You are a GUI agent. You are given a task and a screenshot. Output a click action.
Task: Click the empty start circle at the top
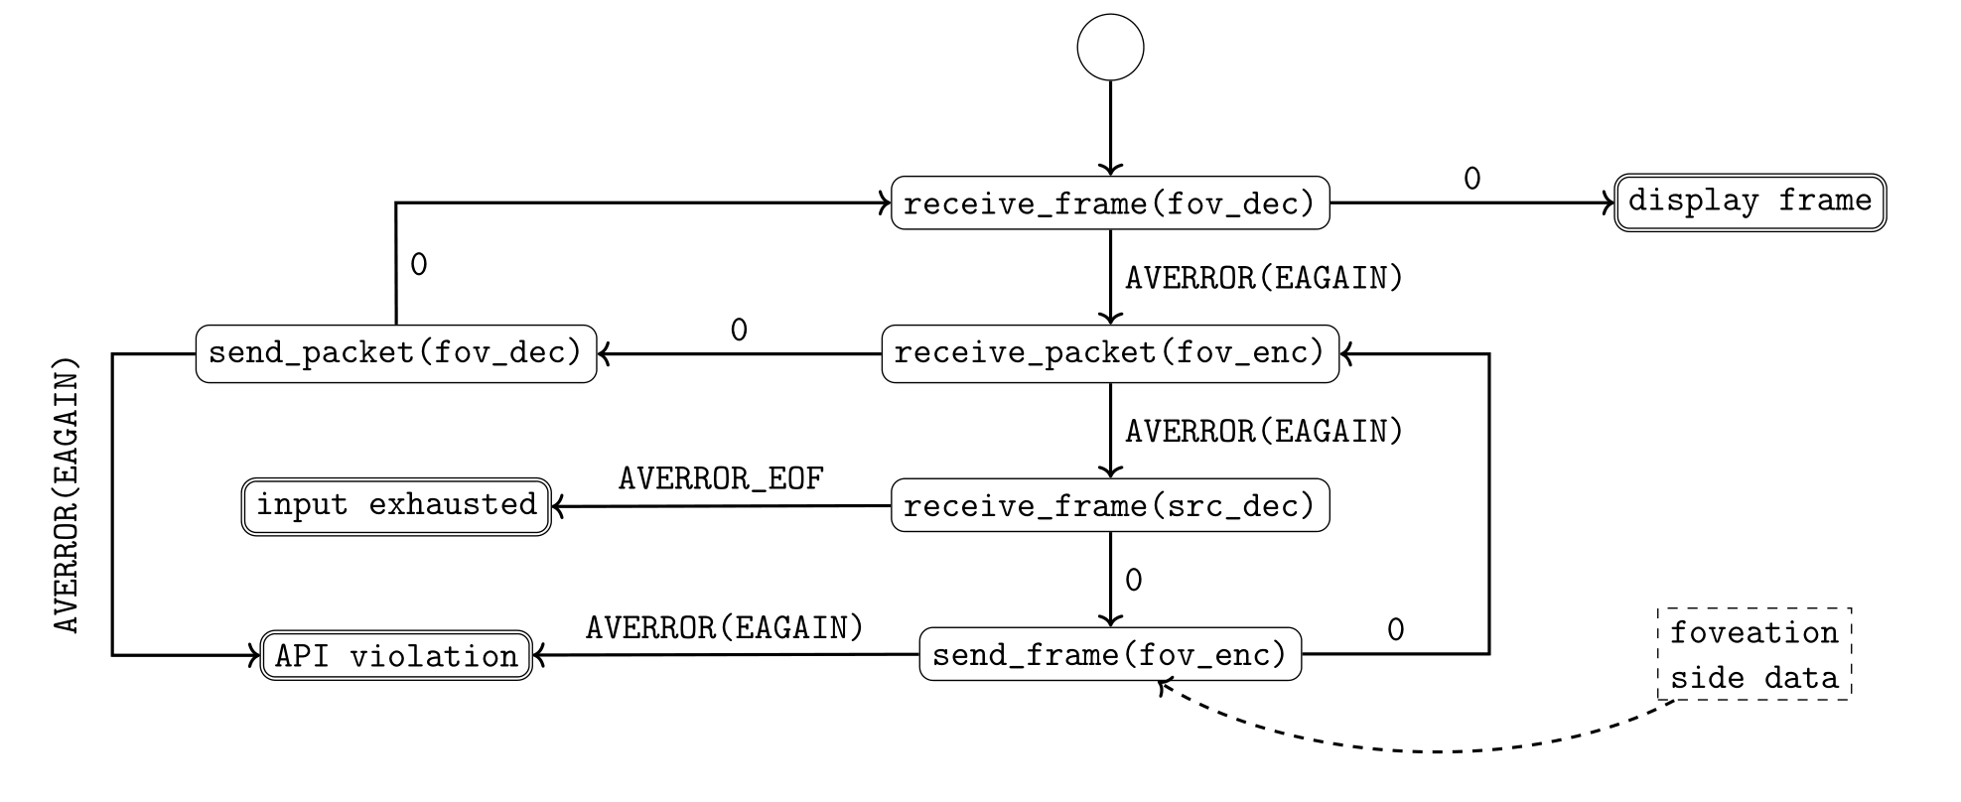(1110, 47)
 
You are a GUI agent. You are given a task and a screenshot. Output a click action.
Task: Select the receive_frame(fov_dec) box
(1110, 203)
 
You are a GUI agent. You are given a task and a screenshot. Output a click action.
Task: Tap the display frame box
(1750, 202)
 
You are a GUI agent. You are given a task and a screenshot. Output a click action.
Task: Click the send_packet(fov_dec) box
(396, 353)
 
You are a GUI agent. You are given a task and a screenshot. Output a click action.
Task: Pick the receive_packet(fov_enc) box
(1110, 353)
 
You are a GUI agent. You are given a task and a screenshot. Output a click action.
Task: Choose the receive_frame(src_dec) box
(1110, 506)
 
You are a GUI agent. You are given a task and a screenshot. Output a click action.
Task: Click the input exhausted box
(396, 506)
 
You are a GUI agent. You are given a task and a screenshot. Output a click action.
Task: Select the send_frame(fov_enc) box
(1110, 654)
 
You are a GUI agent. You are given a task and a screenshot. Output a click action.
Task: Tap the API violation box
(396, 656)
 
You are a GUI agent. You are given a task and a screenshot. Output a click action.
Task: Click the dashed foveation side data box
(1754, 655)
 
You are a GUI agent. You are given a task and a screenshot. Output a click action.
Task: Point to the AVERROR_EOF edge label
(721, 478)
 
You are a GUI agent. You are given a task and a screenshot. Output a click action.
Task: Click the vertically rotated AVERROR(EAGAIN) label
(67, 495)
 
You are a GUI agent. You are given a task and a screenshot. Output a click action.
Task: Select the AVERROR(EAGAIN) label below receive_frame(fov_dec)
(1264, 278)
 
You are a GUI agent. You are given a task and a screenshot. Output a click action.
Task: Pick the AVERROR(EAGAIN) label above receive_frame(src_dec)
(1264, 432)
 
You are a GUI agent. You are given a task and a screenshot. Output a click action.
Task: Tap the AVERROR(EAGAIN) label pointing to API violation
(725, 628)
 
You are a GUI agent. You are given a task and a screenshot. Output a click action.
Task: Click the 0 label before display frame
(1471, 179)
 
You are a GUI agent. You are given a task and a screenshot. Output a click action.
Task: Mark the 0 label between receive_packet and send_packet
(739, 330)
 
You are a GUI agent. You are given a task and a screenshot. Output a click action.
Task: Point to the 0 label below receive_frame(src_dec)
(1134, 580)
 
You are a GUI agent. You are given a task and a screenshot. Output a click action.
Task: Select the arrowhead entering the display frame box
(1609, 203)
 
